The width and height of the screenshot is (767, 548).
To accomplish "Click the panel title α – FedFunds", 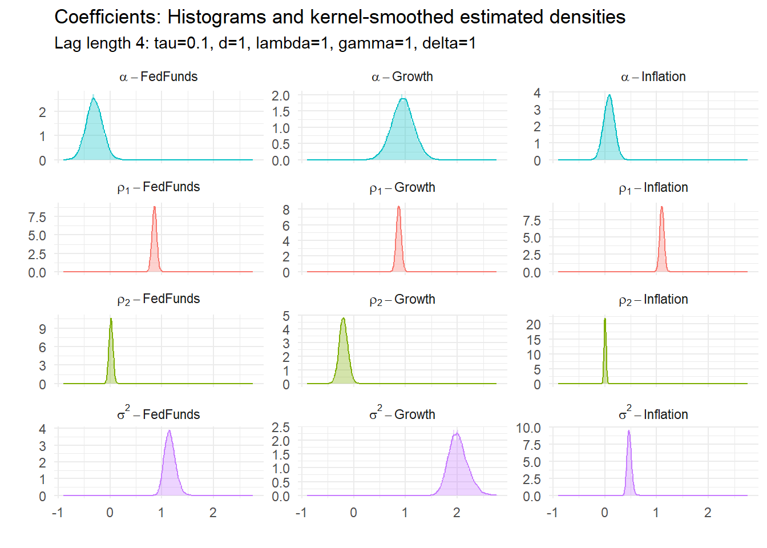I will point(158,76).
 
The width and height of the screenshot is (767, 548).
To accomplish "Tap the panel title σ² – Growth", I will point(402,414).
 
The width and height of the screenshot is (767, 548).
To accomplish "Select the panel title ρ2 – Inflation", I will point(653,299).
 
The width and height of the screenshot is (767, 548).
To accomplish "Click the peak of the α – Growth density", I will point(403,99).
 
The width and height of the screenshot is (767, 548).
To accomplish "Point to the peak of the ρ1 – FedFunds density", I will point(154,207).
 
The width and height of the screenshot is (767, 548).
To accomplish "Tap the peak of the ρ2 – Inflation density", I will point(605,319).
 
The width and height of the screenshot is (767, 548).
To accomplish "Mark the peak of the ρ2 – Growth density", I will point(343,318).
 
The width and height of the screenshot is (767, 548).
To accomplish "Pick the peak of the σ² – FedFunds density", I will point(169,430).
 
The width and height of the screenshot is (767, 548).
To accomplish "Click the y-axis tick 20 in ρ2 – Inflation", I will point(533,324).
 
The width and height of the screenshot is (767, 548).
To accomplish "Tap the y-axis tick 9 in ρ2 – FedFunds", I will point(42,329).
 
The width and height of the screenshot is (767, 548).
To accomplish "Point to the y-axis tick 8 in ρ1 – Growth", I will point(286,209).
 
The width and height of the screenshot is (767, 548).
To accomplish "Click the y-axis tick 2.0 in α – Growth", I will point(280,96).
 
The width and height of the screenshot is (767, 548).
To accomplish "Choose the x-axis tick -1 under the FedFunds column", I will point(57,513).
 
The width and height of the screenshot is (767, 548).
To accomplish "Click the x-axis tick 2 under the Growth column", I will point(457,513).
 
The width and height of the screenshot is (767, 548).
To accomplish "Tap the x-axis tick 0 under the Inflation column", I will point(604,513).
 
